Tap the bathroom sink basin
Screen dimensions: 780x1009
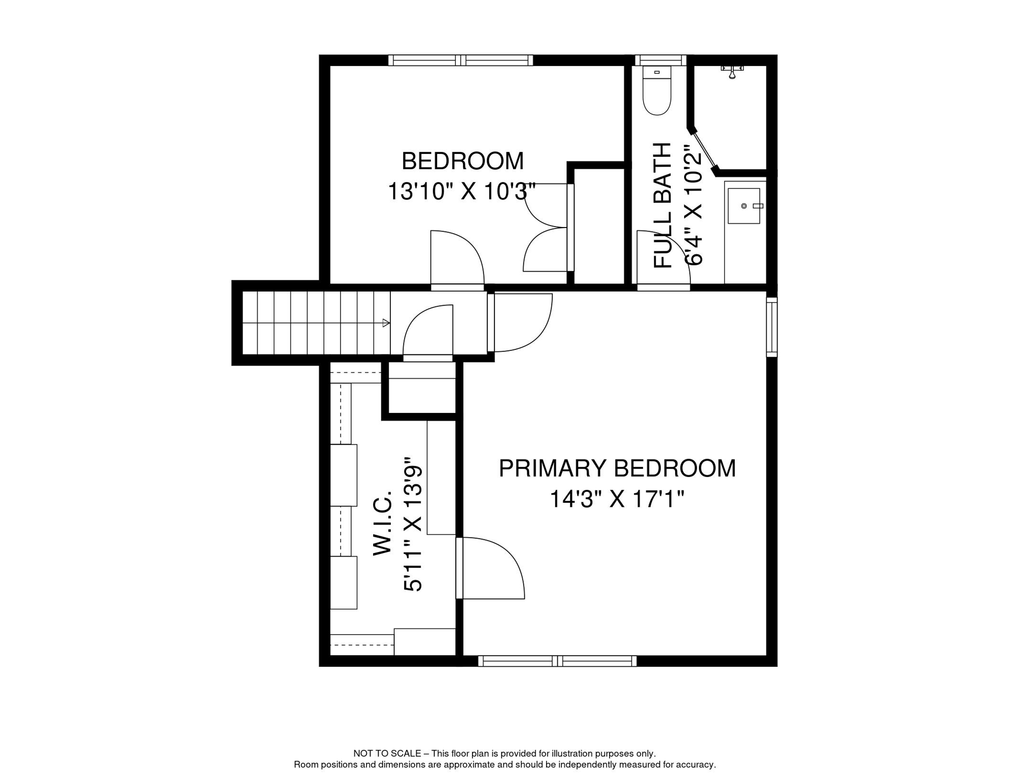coord(744,206)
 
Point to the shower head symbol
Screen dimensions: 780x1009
coord(732,72)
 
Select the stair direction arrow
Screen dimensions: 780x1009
coord(386,323)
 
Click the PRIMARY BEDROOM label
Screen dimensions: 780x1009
coord(617,468)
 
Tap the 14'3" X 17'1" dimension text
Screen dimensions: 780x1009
coord(617,499)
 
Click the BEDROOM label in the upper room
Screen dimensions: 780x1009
coord(462,161)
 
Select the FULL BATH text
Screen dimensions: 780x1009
coord(662,205)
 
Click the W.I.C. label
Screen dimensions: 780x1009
coord(383,523)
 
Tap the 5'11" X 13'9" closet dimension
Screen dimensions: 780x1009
coord(413,528)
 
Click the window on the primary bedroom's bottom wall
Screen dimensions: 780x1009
coord(557,661)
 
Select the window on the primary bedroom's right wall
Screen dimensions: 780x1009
coord(771,327)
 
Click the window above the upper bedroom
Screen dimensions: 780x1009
coord(460,60)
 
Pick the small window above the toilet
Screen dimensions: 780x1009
coord(660,60)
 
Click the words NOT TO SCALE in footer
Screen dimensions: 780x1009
coord(387,754)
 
